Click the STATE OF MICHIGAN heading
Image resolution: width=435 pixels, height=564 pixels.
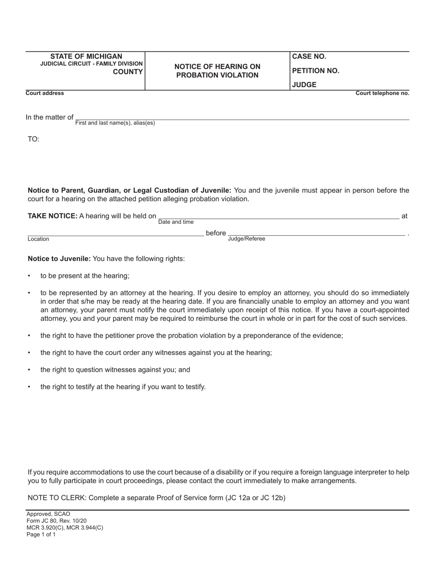pos(86,56)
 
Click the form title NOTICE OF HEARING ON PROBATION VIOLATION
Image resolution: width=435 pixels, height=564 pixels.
pos(217,71)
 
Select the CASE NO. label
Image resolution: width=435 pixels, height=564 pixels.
pos(309,56)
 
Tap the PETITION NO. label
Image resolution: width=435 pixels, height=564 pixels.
pos(315,71)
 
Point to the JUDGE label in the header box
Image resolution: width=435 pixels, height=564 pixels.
pos(304,85)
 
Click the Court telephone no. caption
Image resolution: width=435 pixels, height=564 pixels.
pos(382,93)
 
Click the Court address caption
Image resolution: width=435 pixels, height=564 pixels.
pos(45,93)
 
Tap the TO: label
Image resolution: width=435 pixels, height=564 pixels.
pos(34,139)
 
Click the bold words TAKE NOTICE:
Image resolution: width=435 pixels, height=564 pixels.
pos(53,216)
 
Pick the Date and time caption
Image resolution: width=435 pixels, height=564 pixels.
pos(176,222)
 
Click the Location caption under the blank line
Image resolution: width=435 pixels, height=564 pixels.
pos(38,239)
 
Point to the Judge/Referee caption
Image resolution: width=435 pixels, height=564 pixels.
pos(246,239)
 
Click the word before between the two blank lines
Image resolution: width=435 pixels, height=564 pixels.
pos(216,233)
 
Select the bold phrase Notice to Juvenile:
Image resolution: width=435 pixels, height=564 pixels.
pos(60,259)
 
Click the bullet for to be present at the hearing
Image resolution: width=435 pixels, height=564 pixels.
pos(30,276)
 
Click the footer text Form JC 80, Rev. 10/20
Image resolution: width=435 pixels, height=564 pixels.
pos(56,521)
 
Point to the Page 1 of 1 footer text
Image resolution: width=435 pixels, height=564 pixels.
pos(41,534)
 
